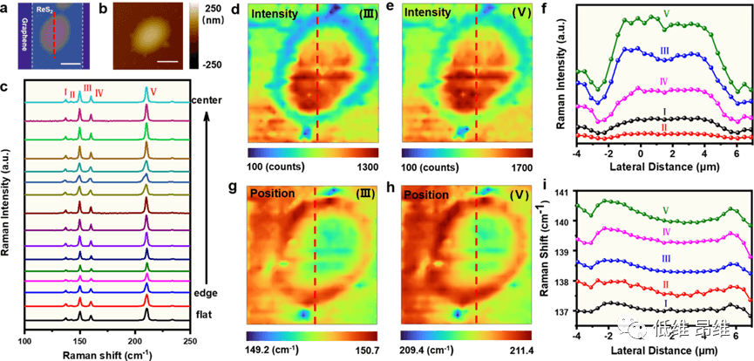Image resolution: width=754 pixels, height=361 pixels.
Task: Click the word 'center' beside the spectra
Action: [x=209, y=100]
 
